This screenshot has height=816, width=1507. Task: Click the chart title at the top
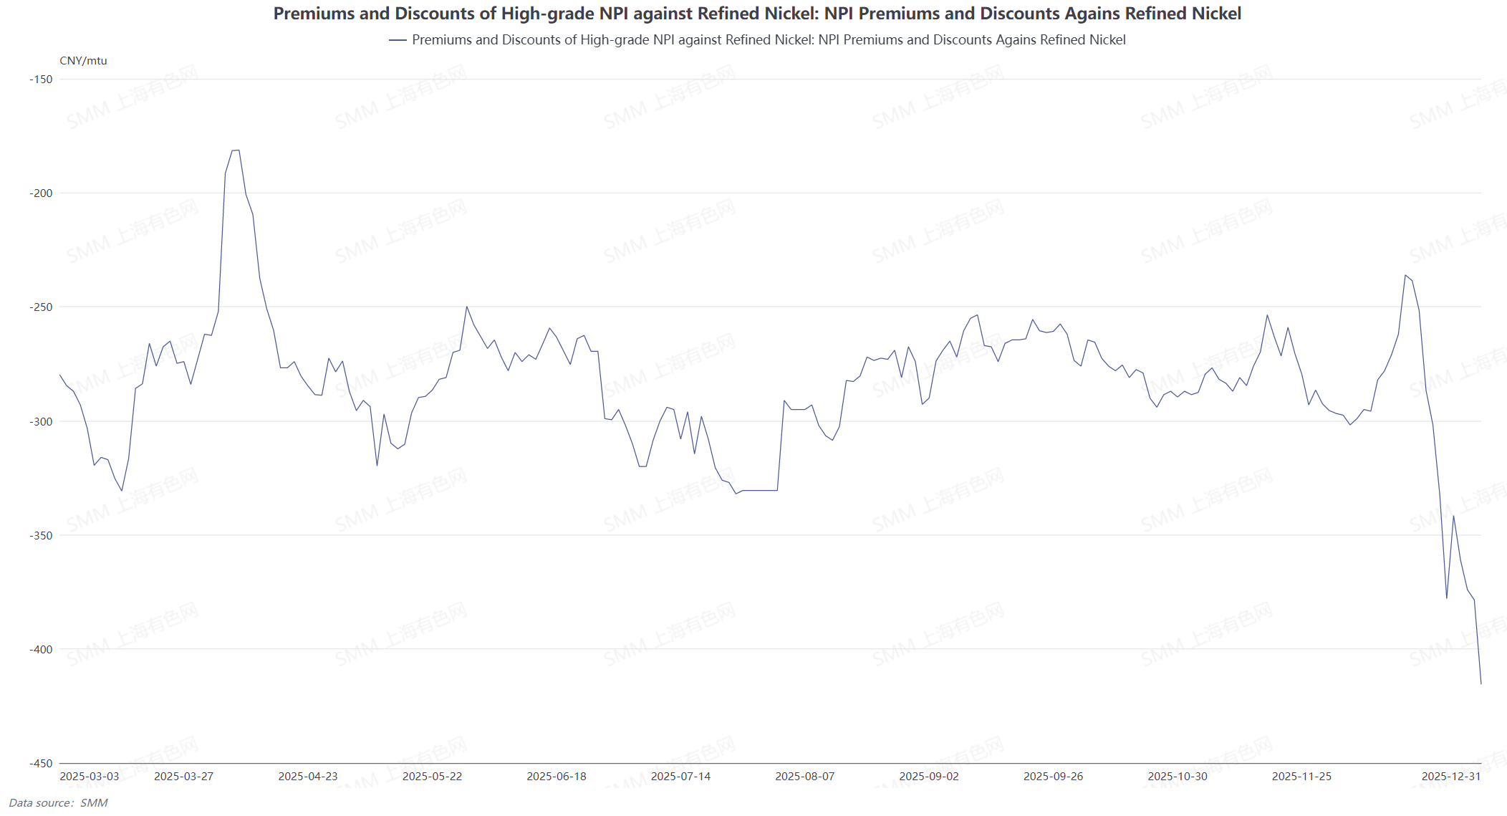pos(757,14)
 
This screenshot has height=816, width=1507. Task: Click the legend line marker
pos(398,40)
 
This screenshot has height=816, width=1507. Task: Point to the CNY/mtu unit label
pos(83,61)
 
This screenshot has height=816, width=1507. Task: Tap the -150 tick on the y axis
pos(42,80)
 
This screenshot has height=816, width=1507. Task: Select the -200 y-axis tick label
pos(42,193)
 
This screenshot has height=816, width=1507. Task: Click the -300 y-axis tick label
pos(42,421)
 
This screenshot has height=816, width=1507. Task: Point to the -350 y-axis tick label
pos(42,535)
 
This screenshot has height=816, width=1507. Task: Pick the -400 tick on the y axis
pos(42,649)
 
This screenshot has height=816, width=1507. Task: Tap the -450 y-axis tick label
pos(42,763)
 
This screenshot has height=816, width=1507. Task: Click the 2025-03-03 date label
pos(90,777)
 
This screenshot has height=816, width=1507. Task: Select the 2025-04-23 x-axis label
pos(308,777)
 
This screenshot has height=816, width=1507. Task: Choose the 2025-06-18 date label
pos(557,777)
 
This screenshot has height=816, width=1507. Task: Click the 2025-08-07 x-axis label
pos(805,777)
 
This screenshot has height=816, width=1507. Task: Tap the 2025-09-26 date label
pos(1054,777)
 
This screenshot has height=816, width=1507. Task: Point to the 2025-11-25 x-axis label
pos(1302,777)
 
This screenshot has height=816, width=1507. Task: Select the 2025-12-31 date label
pos(1451,777)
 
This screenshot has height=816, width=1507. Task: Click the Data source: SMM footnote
pos(58,803)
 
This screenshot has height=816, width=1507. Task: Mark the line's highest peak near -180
pos(236,150)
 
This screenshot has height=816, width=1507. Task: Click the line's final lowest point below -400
pos(1481,683)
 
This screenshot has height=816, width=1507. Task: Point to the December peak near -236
pos(1405,275)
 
